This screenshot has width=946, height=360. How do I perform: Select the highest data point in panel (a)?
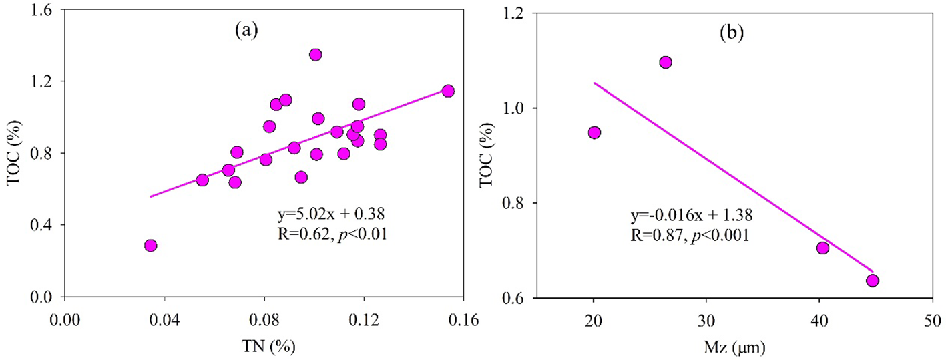pos(316,55)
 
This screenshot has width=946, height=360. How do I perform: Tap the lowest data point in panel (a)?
pos(150,246)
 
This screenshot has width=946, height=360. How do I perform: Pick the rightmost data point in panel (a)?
pos(448,91)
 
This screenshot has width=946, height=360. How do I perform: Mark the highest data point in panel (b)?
pos(665,62)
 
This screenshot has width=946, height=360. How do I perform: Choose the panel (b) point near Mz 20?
pos(594,132)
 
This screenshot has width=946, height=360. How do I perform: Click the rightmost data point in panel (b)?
pos(872,281)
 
